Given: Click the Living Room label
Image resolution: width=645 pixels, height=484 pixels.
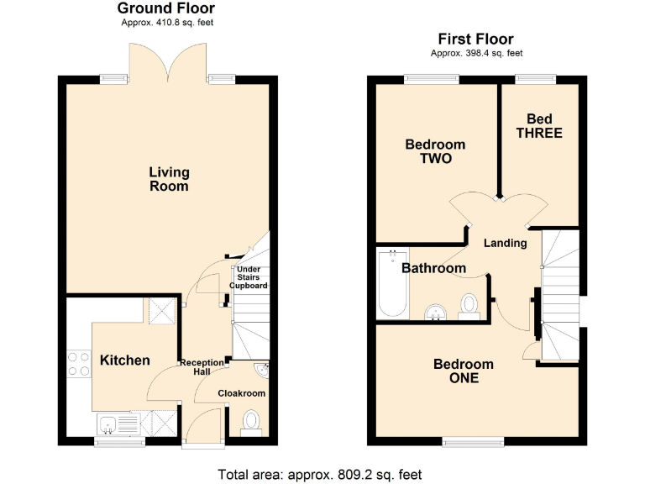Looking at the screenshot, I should tap(169, 179).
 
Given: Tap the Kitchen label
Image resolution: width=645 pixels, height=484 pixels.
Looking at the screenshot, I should tap(125, 360).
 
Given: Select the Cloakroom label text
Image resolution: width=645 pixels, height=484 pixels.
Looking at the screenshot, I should tap(242, 393).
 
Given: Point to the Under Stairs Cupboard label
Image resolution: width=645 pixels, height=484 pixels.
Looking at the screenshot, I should tap(249, 277).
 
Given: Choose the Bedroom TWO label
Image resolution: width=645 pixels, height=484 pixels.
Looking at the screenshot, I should tap(435, 151).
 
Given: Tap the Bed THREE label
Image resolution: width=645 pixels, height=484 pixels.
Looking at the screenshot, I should tap(538, 126).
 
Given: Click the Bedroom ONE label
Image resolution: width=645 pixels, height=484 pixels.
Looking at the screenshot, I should tap(463, 371).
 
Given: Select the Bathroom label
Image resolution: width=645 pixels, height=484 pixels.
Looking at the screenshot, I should tap(433, 269).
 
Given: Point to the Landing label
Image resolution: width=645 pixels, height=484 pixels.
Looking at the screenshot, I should tap(506, 244).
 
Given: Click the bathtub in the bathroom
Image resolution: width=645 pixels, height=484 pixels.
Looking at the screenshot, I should tap(392, 284).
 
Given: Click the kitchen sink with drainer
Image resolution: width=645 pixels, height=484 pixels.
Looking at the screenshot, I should tap(118, 422).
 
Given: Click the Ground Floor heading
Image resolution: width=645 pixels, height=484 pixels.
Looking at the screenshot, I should tap(164, 8).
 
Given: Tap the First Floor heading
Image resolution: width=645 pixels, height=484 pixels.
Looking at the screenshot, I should tap(475, 39).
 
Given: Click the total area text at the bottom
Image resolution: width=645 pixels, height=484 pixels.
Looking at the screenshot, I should tap(319, 474).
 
